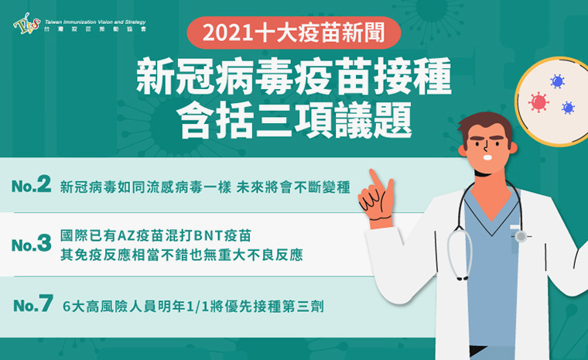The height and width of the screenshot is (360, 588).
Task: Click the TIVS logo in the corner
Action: coord(26,24)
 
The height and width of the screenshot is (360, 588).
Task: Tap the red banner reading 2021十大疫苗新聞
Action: coord(294,33)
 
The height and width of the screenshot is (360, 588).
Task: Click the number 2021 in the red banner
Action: coord(227,33)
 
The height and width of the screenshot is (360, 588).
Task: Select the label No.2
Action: coord(31,184)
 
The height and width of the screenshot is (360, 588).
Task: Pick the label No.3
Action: coord(31,244)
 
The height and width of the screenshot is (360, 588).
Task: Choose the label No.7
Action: coord(33,303)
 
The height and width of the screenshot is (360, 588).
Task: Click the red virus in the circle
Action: coord(538,102)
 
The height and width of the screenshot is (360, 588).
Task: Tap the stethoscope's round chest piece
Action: coord(521,236)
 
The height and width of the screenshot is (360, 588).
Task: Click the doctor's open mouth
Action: coord(487,157)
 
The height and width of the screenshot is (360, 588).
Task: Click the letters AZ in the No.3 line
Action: coord(126,236)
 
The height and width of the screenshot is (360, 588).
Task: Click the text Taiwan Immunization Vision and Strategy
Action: coord(95,22)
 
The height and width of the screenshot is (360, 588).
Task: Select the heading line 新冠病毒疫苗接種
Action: coord(294,77)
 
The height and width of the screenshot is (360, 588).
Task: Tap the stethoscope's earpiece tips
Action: coord(462,278)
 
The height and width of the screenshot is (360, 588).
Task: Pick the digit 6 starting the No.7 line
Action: coord(67,307)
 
